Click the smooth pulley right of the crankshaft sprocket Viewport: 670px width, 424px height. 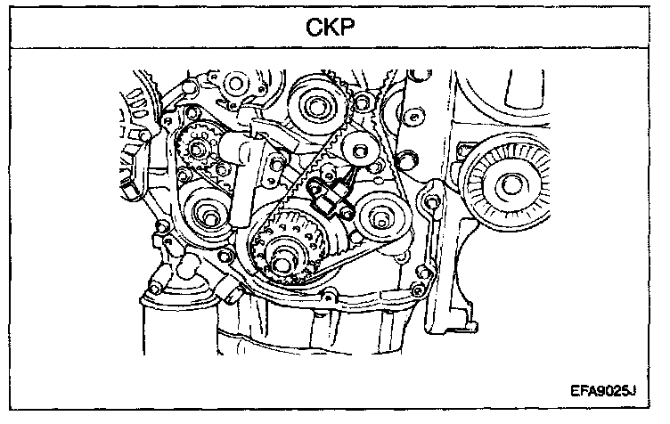[x=374, y=216]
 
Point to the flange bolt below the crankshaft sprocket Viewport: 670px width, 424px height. [x=331, y=296]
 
